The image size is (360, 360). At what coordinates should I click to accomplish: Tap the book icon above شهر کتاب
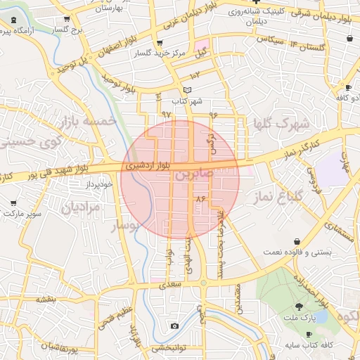coord(186,90)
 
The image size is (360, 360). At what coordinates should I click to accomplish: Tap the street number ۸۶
coord(201,199)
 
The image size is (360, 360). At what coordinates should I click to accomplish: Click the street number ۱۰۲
coord(195,74)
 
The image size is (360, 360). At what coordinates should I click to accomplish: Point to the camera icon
coord(174,326)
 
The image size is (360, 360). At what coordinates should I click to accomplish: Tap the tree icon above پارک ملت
coord(300,307)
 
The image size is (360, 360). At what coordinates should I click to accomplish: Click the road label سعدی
coord(170,285)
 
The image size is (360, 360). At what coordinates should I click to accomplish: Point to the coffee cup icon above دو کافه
coord(347,87)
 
